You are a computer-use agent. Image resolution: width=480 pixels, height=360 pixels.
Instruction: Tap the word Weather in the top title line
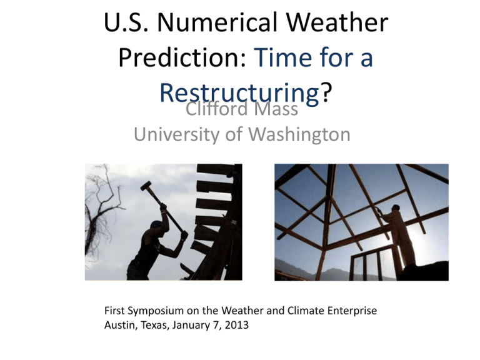[337, 22]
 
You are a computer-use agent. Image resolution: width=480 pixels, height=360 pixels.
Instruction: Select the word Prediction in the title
[182, 57]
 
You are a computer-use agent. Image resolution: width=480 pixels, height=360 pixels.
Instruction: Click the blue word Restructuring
[239, 92]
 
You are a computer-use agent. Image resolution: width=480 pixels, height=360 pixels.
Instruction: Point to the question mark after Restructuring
[326, 92]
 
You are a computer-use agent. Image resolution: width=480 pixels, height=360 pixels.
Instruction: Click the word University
[177, 134]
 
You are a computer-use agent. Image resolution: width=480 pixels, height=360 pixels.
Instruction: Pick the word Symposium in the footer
[156, 311]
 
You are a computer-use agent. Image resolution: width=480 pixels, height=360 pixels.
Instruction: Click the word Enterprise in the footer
[352, 311]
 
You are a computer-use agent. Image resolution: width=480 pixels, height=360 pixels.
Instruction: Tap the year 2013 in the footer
[237, 325]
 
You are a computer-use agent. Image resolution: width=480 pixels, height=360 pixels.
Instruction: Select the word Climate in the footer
[306, 311]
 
